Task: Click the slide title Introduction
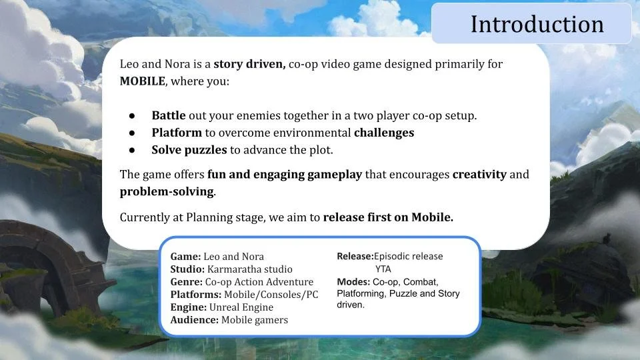coord(537,24)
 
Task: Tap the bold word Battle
coord(169,115)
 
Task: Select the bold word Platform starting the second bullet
coord(176,133)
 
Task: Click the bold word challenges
coord(384,133)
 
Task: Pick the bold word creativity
coord(479,175)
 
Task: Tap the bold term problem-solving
coord(167,192)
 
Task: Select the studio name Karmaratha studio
coord(250,269)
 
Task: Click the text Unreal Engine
coord(241,307)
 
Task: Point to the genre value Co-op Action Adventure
coord(259,282)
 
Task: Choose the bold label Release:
coord(355,256)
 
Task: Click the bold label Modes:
coord(353,282)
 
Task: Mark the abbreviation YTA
coord(383,269)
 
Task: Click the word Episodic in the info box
coord(395,256)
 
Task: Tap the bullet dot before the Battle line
coord(133,116)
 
